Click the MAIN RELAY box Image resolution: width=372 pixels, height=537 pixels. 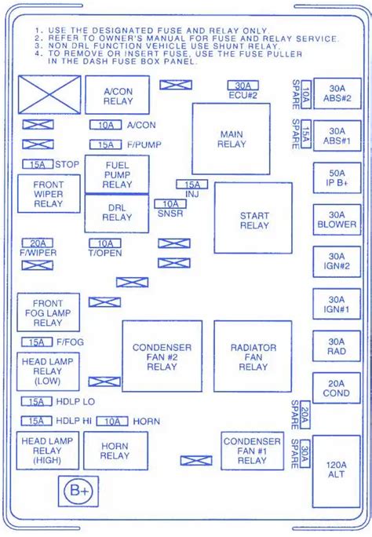(231, 139)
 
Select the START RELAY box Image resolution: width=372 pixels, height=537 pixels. (253, 217)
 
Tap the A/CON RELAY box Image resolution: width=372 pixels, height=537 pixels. (118, 95)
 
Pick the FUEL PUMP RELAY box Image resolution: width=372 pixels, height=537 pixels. (117, 174)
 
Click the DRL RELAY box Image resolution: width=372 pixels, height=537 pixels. (117, 214)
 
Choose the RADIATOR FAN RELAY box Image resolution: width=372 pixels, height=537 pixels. (253, 356)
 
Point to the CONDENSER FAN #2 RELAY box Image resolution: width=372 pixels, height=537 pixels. (162, 356)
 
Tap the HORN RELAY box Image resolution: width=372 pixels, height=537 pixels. (115, 451)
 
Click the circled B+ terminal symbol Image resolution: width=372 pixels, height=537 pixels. (78, 491)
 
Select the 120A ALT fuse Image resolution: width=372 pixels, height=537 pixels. (336, 471)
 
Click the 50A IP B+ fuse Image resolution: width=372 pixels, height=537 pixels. (337, 177)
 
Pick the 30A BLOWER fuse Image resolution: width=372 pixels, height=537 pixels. (337, 220)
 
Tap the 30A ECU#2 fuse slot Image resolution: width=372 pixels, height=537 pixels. (243, 86)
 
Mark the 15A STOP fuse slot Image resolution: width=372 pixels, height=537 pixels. (38, 164)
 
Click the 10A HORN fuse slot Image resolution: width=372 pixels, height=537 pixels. (112, 422)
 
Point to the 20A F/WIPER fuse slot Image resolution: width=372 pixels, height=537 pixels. (38, 243)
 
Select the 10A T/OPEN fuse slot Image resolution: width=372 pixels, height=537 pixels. (105, 243)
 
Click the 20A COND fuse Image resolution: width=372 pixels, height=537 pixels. (337, 388)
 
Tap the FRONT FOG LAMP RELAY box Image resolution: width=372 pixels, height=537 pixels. (48, 312)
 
